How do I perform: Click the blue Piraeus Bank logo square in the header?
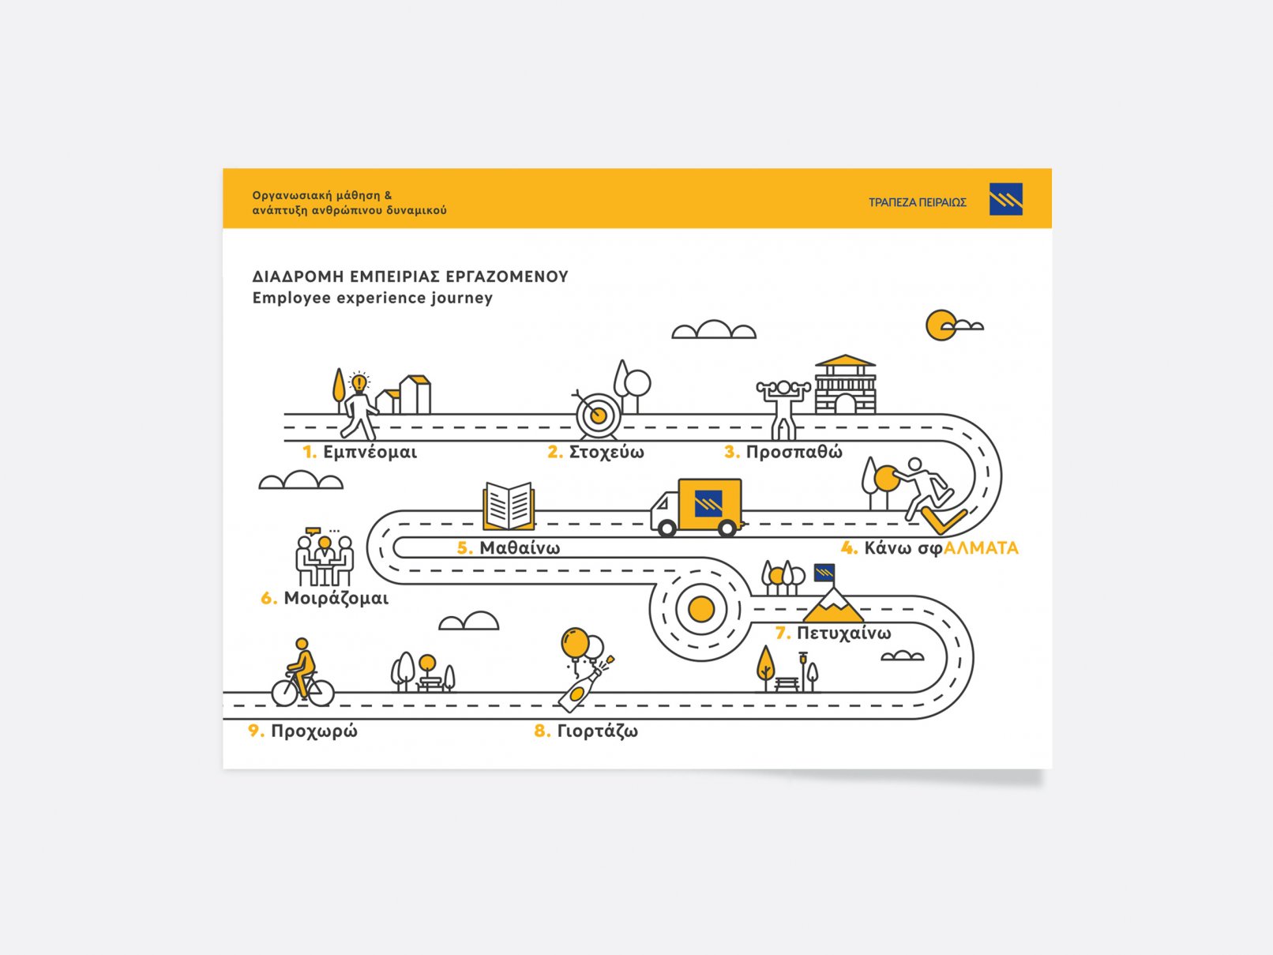[1005, 199]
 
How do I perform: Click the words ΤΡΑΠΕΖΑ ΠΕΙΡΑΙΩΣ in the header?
[917, 202]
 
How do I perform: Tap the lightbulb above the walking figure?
[359, 383]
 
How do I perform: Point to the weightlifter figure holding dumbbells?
[783, 408]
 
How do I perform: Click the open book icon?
[509, 506]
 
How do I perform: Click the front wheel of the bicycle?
[320, 693]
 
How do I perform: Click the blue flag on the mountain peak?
[824, 572]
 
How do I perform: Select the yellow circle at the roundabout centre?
[701, 609]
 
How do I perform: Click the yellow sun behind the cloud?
[939, 325]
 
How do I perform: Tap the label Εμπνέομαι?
[370, 453]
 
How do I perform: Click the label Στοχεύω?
[606, 453]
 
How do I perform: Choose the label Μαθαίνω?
[520, 548]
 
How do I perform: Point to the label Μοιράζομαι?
[336, 599]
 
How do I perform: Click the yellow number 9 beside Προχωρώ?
[255, 731]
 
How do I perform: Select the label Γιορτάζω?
[597, 731]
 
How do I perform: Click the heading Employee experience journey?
[372, 298]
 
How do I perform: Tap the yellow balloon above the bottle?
[574, 641]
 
